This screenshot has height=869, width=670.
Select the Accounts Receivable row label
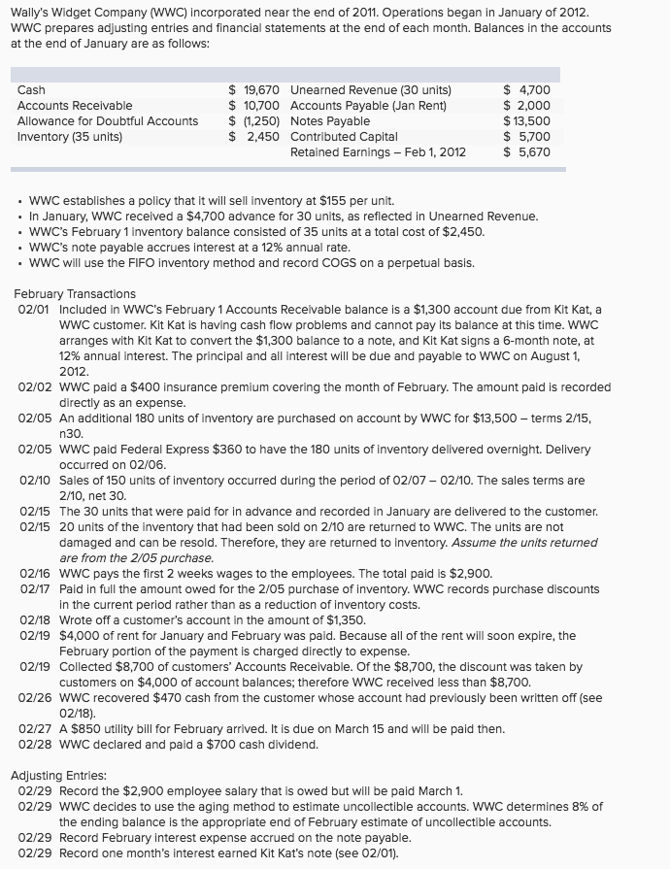point(75,106)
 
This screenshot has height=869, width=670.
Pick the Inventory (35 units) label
point(70,136)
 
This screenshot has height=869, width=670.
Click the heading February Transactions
point(75,294)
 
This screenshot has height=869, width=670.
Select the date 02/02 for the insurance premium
point(35,387)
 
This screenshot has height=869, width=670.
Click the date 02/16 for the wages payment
point(35,574)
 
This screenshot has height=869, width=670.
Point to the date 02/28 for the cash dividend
point(35,745)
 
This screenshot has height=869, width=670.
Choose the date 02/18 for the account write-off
point(35,620)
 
